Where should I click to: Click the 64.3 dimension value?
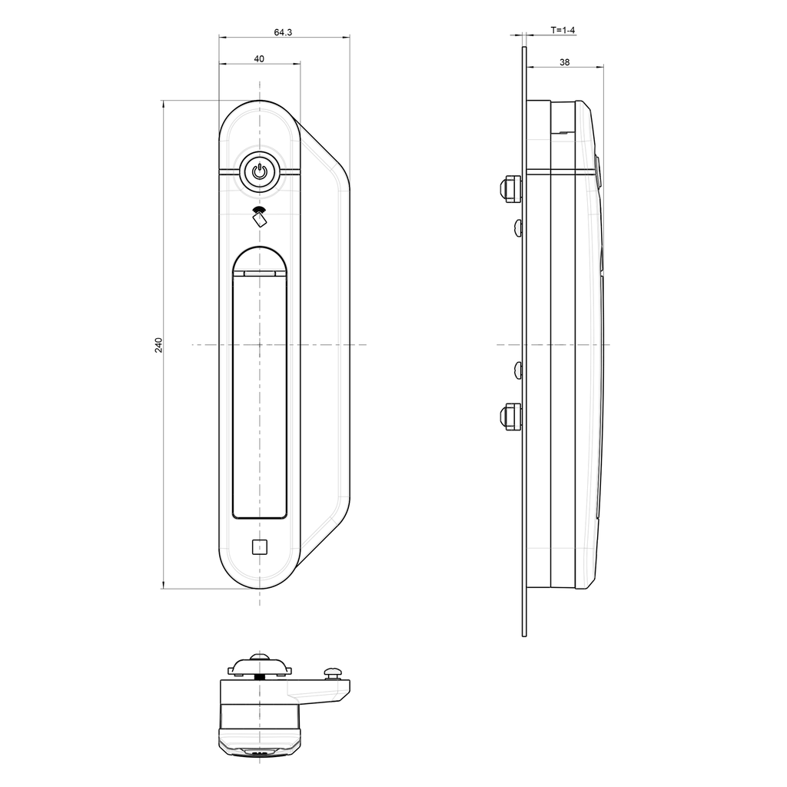(x=284, y=32)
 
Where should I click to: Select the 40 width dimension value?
(x=259, y=59)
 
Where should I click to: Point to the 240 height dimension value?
(x=159, y=344)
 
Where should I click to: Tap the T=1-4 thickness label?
(x=563, y=30)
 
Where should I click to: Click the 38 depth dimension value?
(x=565, y=63)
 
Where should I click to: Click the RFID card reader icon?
(x=259, y=217)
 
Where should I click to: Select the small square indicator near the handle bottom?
(x=259, y=546)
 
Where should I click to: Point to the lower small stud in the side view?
(x=518, y=370)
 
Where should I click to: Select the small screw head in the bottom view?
(x=334, y=672)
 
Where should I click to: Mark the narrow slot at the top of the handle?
(x=260, y=272)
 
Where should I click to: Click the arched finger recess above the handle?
(x=260, y=258)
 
